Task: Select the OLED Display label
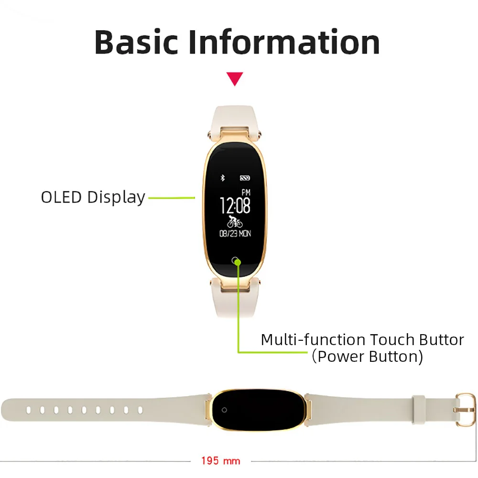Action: tap(93, 197)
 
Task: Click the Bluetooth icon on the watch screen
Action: tap(223, 178)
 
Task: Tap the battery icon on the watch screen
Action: tap(245, 178)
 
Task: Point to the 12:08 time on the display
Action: tap(235, 206)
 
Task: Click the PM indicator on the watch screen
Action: tap(246, 192)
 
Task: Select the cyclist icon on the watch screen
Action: tap(235, 222)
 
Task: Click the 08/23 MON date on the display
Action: tap(235, 234)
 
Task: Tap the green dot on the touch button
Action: tap(238, 262)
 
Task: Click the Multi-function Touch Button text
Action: tap(362, 339)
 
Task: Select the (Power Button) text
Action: tap(368, 357)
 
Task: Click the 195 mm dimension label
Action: tap(221, 461)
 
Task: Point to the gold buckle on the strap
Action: tap(466, 410)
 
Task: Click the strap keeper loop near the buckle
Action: tap(419, 410)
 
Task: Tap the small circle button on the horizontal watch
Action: tap(224, 410)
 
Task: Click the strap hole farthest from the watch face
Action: tap(28, 410)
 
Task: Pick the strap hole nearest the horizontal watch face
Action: tap(140, 410)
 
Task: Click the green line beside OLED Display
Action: tap(172, 198)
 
